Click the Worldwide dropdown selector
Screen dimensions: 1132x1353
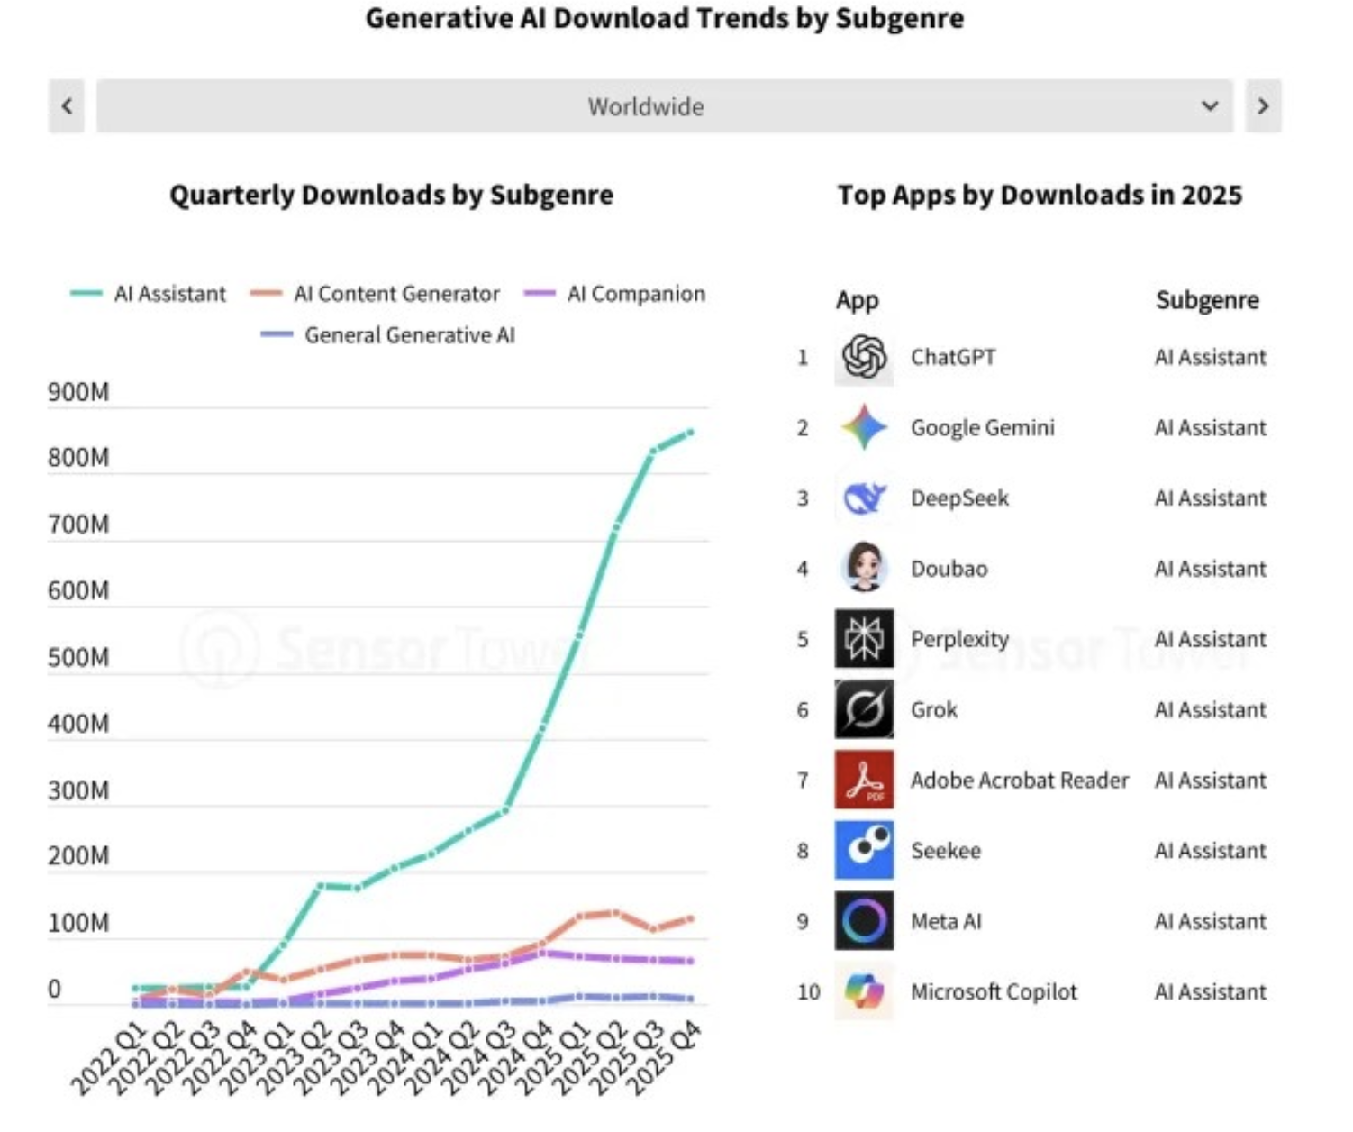(x=664, y=106)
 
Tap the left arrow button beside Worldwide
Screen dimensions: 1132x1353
(x=67, y=106)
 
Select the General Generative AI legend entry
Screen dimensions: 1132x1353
(x=388, y=335)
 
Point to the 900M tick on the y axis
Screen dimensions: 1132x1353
(x=78, y=392)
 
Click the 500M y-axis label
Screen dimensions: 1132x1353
(x=78, y=657)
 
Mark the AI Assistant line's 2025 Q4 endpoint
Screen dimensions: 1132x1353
(x=691, y=433)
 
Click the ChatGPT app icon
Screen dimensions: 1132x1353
(x=864, y=357)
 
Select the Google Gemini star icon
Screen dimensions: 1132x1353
(x=864, y=427)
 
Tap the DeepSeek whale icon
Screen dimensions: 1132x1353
(x=864, y=498)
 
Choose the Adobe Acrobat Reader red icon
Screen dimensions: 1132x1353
(x=864, y=780)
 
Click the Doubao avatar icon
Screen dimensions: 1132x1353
(x=864, y=568)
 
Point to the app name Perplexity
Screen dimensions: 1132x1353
(x=959, y=639)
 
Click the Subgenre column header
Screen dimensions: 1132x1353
(x=1207, y=300)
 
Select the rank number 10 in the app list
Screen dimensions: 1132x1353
(x=808, y=991)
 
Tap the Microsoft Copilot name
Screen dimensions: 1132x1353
(x=994, y=991)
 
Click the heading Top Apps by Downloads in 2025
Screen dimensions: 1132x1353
(x=1040, y=195)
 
